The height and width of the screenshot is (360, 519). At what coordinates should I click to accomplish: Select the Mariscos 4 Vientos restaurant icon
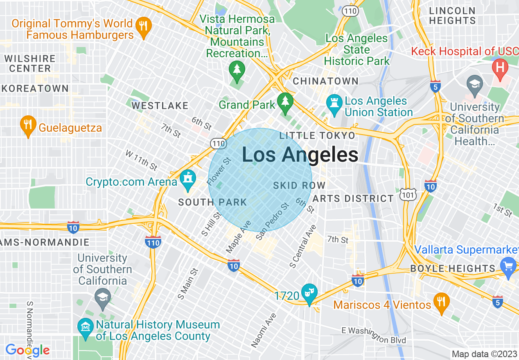click(x=441, y=303)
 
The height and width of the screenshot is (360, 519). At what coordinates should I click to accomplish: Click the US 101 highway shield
click(x=409, y=195)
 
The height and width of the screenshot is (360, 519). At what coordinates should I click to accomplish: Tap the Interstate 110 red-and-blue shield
click(x=153, y=242)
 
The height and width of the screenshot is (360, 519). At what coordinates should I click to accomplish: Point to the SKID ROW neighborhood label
click(x=299, y=185)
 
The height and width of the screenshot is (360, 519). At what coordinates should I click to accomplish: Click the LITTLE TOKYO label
click(x=317, y=136)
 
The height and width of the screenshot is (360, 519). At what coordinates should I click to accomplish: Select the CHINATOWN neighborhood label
click(x=326, y=81)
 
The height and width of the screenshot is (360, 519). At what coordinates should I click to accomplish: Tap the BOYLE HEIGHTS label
click(x=453, y=268)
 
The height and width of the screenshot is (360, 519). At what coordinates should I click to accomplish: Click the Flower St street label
click(x=219, y=171)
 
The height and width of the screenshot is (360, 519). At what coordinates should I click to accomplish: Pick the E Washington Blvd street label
click(x=374, y=335)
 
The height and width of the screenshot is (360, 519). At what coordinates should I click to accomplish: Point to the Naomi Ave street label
click(x=264, y=330)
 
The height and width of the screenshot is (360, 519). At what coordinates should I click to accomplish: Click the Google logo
click(x=27, y=350)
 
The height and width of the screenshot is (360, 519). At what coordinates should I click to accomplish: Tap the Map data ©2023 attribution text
click(x=483, y=354)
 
